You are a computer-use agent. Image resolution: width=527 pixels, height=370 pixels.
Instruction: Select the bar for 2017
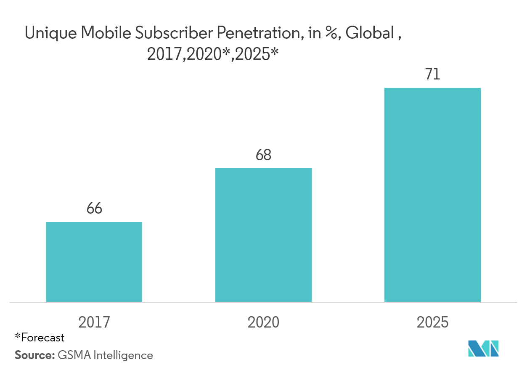(x=94, y=262)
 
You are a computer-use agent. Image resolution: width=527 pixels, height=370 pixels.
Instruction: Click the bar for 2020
(x=263, y=235)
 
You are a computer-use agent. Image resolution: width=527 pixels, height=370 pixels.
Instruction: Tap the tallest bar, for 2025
(x=432, y=195)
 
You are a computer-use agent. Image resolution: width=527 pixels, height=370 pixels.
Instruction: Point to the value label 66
(x=94, y=209)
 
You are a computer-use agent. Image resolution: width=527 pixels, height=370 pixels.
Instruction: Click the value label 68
(x=264, y=155)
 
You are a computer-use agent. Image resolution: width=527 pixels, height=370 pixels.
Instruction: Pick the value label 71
(x=432, y=75)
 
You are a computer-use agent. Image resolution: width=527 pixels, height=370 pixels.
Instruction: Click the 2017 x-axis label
(x=94, y=322)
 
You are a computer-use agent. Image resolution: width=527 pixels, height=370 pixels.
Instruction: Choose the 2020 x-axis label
(x=263, y=322)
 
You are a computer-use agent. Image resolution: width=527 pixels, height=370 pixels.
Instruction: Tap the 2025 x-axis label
(x=432, y=322)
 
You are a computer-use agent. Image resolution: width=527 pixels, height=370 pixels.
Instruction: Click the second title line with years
(x=213, y=55)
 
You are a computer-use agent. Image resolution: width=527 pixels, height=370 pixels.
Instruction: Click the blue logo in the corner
(x=484, y=349)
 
